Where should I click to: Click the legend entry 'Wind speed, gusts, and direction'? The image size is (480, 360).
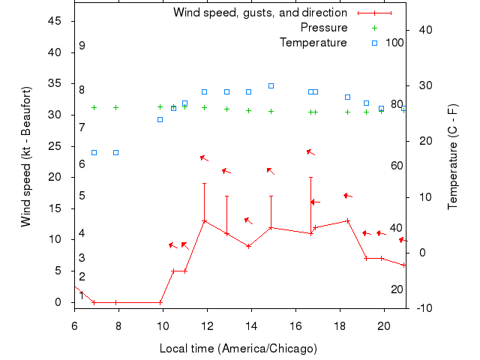[259, 13]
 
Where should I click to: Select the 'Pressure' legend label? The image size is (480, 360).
[324, 28]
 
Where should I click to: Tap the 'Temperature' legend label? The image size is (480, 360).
[313, 43]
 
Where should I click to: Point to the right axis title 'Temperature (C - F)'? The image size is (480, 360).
[453, 157]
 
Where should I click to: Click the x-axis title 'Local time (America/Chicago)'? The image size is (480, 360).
[238, 349]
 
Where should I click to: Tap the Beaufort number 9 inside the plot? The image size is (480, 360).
[82, 46]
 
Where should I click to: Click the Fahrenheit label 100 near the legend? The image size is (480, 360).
[394, 43]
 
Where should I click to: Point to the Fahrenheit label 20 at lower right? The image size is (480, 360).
[397, 289]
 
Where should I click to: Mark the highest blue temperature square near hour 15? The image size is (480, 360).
[271, 85]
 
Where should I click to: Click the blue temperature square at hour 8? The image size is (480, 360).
[115, 152]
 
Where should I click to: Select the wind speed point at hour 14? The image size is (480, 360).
[249, 246]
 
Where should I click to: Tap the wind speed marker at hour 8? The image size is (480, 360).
[115, 302]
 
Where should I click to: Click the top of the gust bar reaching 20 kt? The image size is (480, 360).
[310, 178]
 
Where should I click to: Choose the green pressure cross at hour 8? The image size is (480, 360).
[115, 107]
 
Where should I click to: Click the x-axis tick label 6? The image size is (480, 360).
[74, 325]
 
